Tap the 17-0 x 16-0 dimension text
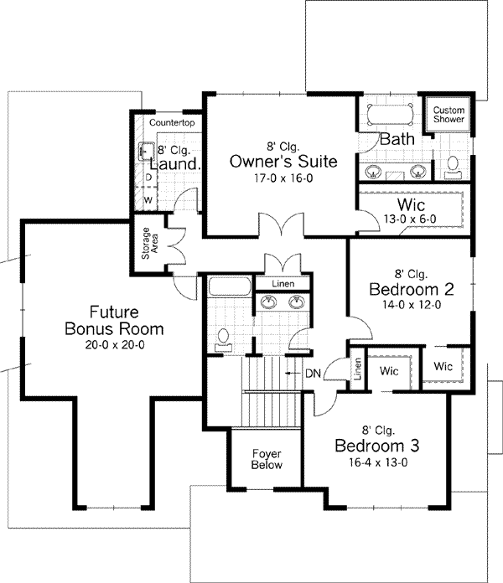(x=283, y=178)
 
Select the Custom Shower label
(x=449, y=115)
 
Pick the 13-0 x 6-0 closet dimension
(x=409, y=219)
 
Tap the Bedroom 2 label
(x=412, y=289)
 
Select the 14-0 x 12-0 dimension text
(x=412, y=305)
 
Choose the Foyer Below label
(x=267, y=459)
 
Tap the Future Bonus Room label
(x=114, y=320)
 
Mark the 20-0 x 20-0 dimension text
(x=114, y=344)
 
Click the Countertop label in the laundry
(x=172, y=123)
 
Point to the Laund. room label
(x=175, y=163)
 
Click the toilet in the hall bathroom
(x=223, y=338)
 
